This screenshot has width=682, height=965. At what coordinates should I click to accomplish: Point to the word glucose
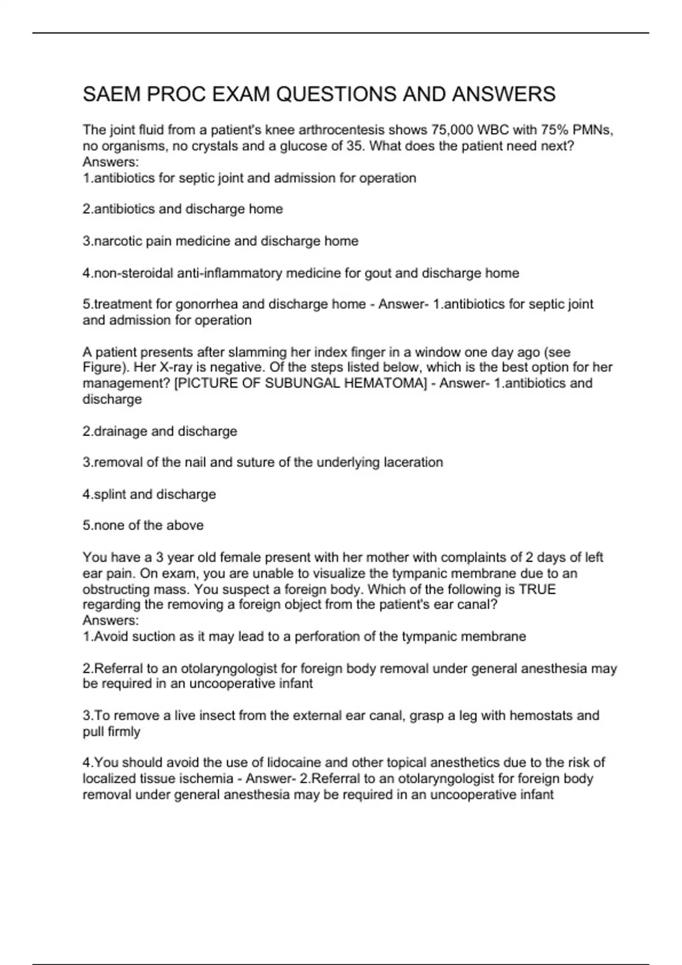point(301,146)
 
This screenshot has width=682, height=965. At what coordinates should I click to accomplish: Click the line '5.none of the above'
point(143,526)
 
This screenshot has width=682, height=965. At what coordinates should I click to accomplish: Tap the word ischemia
point(210,779)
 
